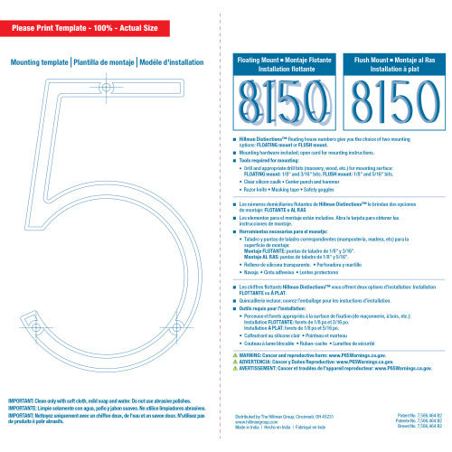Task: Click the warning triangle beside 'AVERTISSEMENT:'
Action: (x=235, y=369)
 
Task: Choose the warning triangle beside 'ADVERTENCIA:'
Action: (x=235, y=363)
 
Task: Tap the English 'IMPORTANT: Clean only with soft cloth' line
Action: (x=99, y=399)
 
